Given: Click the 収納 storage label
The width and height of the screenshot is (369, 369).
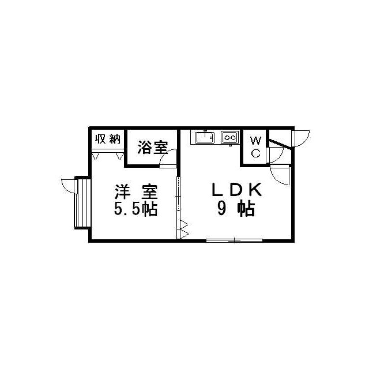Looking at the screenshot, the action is [108, 139].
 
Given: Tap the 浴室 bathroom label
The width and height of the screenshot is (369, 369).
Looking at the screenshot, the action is [152, 148].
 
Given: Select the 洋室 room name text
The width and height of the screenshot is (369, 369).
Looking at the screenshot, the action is [136, 192].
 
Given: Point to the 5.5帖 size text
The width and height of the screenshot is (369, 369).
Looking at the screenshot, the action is [136, 209].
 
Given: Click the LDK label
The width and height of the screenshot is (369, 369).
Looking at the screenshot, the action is [236, 190].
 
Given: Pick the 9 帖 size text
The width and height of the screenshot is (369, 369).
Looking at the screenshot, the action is [236, 209].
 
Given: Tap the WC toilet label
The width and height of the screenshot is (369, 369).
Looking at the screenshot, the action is [256, 147].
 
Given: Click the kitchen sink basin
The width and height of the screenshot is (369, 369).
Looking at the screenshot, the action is [205, 137].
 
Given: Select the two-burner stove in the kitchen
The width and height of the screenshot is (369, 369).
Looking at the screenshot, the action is [229, 137].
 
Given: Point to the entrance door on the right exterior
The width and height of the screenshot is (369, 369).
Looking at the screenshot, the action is [300, 138].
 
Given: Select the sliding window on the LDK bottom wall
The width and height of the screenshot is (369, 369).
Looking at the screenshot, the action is [235, 240].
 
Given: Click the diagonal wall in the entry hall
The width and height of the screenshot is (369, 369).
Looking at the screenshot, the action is [281, 144].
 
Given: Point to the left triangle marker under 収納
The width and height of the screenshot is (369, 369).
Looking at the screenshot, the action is [96, 156].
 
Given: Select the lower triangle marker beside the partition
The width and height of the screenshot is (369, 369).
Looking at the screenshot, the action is [184, 235].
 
